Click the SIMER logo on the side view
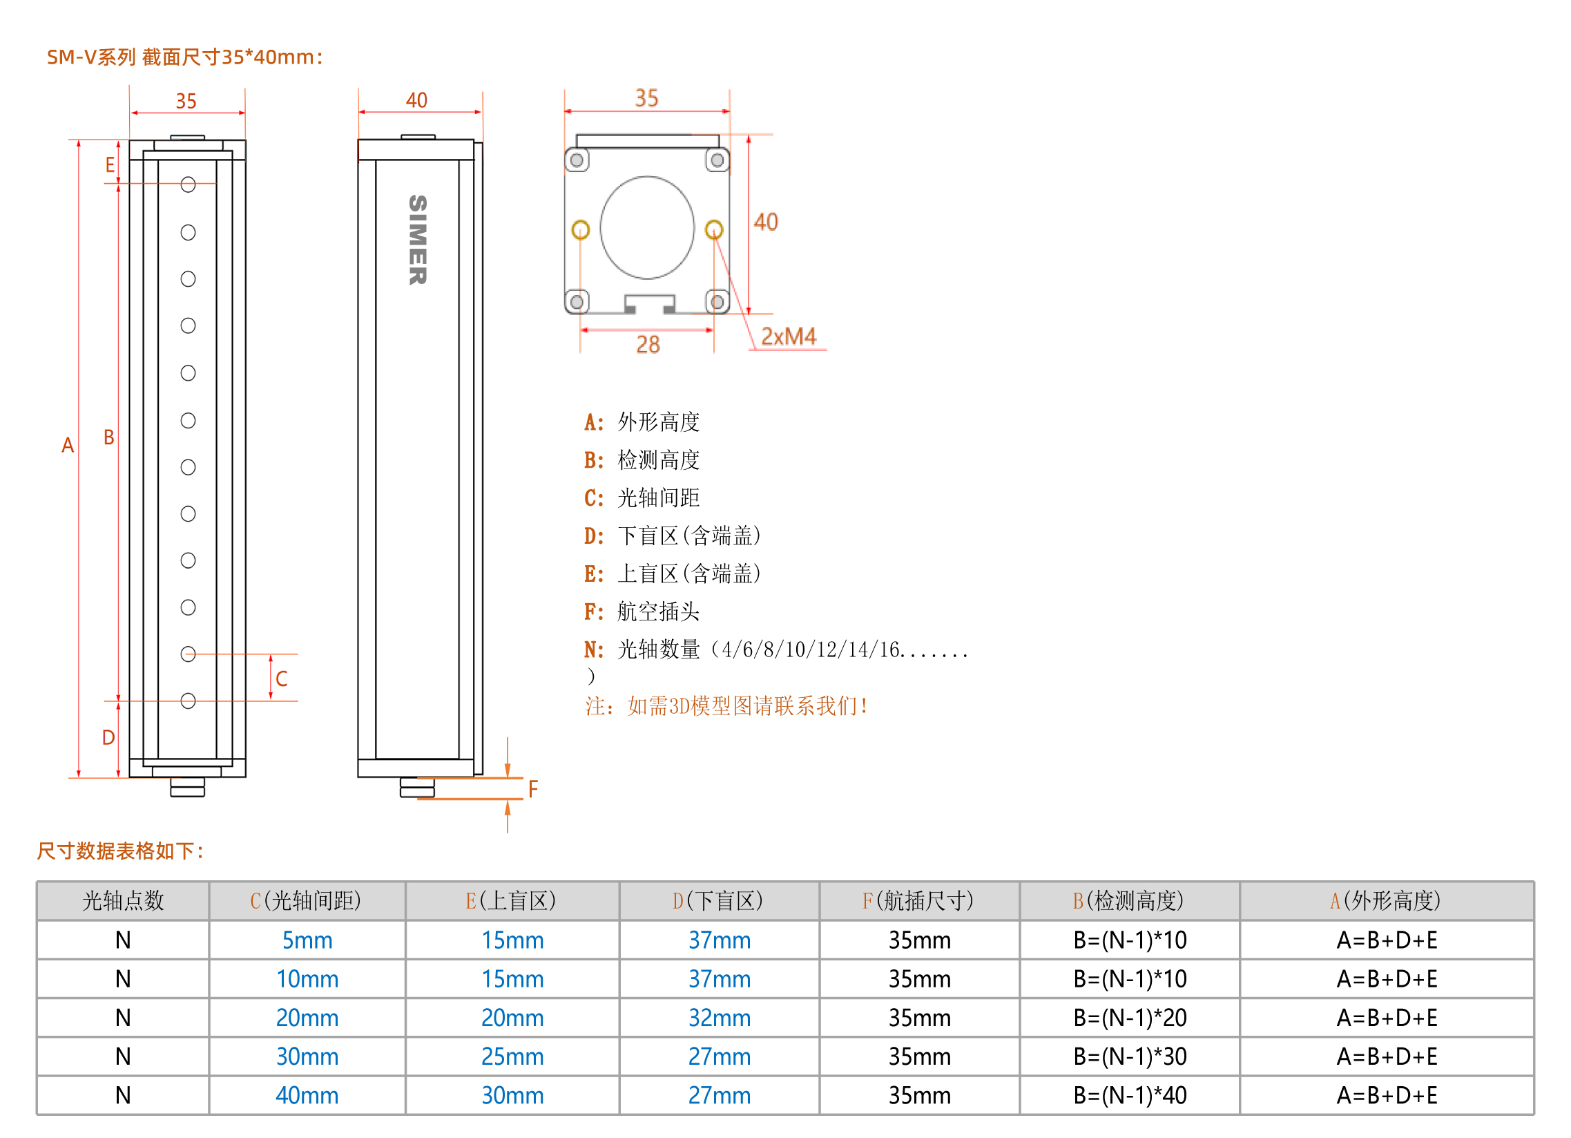coord(418,240)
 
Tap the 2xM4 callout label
coord(789,336)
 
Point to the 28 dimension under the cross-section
coord(648,345)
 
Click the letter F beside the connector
coord(532,788)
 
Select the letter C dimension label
coord(281,679)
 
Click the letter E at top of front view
coord(109,165)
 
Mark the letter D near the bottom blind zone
coord(108,737)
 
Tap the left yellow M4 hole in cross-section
coord(581,229)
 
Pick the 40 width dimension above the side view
coord(416,100)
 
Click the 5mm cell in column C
coord(307,940)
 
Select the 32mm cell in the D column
coord(719,1018)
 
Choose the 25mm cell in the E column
coord(512,1057)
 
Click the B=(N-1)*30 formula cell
coord(1130,1057)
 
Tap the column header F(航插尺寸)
coord(918,901)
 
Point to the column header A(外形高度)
coord(1386,901)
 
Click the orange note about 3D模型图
coord(726,706)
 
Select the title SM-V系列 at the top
coord(90,57)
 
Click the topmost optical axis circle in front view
coord(188,184)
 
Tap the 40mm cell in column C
coord(307,1096)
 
